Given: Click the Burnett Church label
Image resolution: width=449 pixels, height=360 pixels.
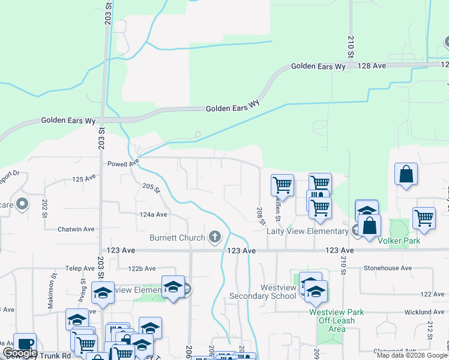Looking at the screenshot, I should pyautogui.click(x=177, y=238).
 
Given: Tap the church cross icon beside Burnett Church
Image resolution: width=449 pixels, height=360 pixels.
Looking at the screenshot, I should pyautogui.click(x=215, y=237).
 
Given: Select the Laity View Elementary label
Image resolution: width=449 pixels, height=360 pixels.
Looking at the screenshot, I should pyautogui.click(x=307, y=231).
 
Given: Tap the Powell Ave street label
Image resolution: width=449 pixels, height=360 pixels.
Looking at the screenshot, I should pyautogui.click(x=123, y=163).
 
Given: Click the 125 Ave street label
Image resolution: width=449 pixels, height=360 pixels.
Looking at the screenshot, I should pyautogui.click(x=84, y=179).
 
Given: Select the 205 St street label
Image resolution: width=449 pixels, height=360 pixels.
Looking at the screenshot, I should pyautogui.click(x=152, y=188).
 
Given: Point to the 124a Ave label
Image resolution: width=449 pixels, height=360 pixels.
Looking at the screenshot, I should pyautogui.click(x=154, y=214).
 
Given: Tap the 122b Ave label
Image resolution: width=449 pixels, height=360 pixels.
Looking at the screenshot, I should pyautogui.click(x=142, y=269).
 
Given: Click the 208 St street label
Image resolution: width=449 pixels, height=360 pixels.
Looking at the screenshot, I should pyautogui.click(x=260, y=215).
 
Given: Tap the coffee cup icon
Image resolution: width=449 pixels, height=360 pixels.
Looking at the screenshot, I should pyautogui.click(x=25, y=344).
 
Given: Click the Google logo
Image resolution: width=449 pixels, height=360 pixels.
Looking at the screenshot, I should pyautogui.click(x=20, y=353).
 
